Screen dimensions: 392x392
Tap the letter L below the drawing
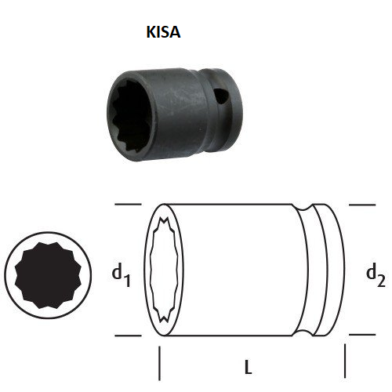click(249, 366)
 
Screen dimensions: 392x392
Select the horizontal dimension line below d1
click(127, 336)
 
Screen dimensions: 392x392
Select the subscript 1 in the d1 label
click(127, 279)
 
